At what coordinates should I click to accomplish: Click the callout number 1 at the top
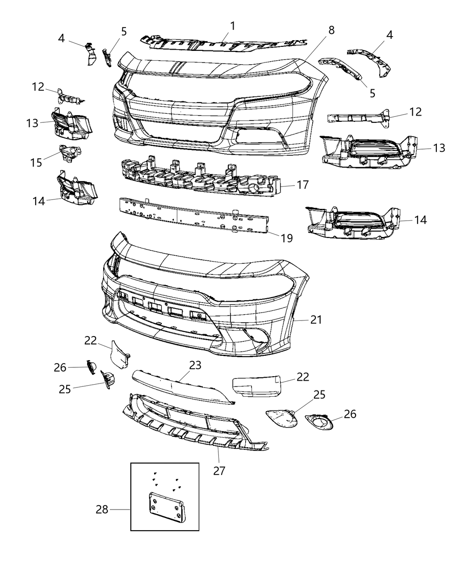coord(232,26)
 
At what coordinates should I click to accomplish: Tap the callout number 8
coord(331,30)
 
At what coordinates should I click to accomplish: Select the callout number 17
coord(302,185)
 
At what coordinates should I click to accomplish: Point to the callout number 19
coord(287,238)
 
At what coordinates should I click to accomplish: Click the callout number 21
coord(316,320)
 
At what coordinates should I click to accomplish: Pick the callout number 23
coord(195,365)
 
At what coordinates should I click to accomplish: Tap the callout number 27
coord(219,471)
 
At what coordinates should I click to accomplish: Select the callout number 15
coord(36,163)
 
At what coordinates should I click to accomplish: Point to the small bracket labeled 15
coord(70,153)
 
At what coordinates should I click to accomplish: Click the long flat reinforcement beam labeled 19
coord(193,215)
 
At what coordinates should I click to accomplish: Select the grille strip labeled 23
coord(183,387)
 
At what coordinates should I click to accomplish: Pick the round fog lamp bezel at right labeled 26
coord(318,422)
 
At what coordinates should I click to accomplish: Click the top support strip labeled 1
coord(224,43)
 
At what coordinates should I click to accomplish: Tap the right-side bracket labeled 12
coord(359,118)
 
